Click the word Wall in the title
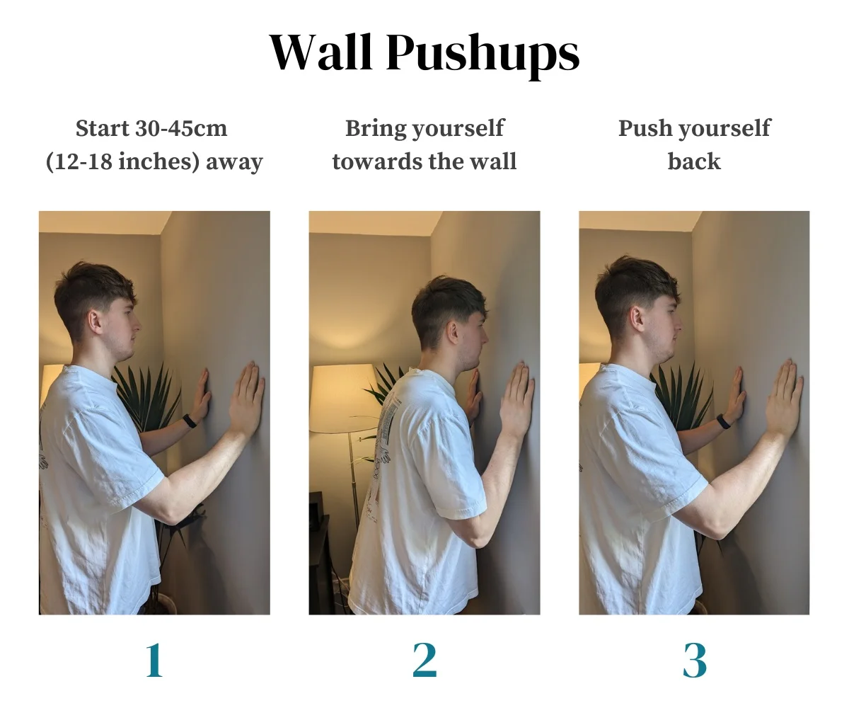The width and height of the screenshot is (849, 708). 321,51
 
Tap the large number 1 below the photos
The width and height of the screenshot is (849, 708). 154,661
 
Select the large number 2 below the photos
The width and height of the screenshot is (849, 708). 424,661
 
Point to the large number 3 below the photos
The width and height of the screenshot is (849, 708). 695,661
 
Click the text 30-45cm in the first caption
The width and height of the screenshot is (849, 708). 180,128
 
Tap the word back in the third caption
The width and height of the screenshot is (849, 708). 694,161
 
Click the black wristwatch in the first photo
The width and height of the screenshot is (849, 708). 190,421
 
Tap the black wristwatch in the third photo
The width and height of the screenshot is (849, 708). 723,422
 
